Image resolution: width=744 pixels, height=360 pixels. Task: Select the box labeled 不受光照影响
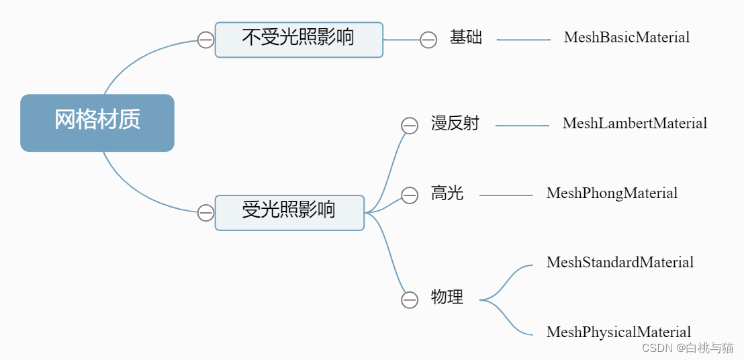coord(299,39)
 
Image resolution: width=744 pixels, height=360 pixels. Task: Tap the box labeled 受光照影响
coord(289,212)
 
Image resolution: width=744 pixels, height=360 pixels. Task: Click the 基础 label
coord(466,38)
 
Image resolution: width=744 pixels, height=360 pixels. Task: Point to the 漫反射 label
coord(455,124)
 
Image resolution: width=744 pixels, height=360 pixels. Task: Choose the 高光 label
coord(447,194)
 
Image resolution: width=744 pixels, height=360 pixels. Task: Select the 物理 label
coord(447,298)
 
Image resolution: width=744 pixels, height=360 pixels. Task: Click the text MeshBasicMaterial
coord(626,38)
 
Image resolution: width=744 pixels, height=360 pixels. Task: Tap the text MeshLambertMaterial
coord(635,124)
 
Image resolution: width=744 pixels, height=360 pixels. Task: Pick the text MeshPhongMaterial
coord(612,194)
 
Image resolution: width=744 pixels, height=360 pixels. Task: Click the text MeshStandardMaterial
coord(620,263)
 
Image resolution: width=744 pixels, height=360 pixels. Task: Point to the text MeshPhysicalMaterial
coord(618,332)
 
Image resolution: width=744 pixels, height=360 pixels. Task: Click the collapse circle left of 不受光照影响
coord(206,40)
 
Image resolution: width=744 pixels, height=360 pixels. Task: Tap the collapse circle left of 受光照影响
coord(206,214)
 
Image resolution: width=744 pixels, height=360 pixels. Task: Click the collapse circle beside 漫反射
coord(410,126)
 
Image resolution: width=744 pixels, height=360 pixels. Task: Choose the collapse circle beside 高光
coord(410,195)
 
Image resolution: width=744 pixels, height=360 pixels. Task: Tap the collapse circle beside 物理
coord(410,300)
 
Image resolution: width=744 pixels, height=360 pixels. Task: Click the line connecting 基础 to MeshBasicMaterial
coord(524,40)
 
